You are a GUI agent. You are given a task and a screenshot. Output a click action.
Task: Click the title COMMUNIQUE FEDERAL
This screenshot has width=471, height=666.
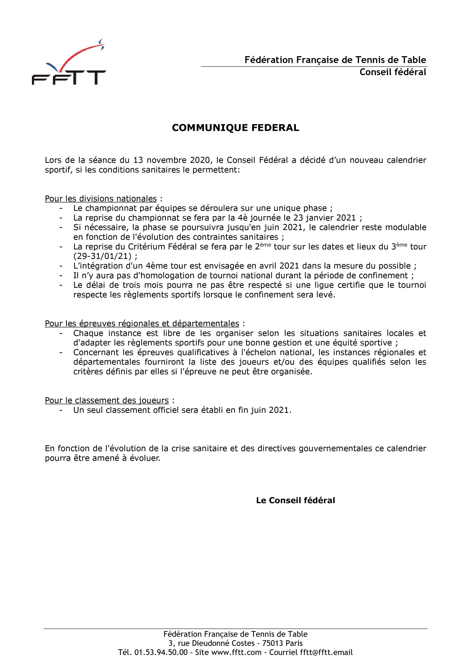235,128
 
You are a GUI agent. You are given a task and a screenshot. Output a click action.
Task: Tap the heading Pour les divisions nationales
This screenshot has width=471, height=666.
101,199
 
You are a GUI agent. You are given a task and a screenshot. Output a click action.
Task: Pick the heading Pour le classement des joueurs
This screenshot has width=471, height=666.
107,401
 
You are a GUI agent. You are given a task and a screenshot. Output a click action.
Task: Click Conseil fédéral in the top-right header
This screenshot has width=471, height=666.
393,72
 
